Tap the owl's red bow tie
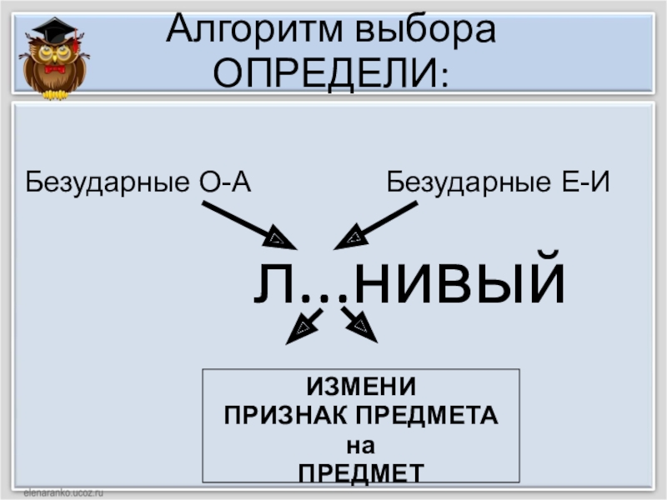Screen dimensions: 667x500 tap(55, 69)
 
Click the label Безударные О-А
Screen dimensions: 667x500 tap(138, 181)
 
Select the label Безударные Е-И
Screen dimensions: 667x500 tap(499, 181)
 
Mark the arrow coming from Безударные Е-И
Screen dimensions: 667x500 tap(376, 225)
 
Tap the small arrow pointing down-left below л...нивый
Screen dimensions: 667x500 tap(303, 326)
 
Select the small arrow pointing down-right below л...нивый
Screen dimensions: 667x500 tap(359, 325)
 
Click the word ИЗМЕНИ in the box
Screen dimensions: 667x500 tap(361, 387)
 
